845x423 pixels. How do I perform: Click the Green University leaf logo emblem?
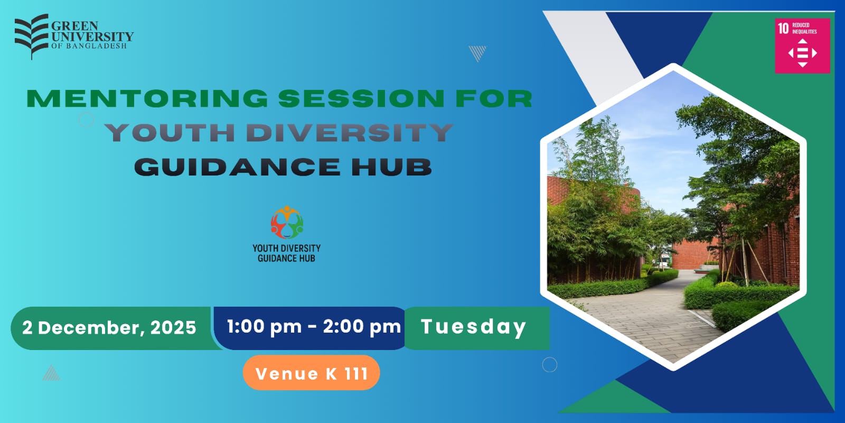pos(32,36)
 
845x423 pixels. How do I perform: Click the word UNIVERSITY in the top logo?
pos(92,37)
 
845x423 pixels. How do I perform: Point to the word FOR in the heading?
pos(494,98)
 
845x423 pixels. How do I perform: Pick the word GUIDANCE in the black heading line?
pos(237,167)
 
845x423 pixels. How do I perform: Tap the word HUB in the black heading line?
pos(392,167)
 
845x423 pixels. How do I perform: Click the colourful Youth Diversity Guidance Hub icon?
pos(287,222)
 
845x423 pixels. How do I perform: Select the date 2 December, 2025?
pos(109,327)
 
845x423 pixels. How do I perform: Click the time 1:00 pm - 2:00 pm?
pos(314,326)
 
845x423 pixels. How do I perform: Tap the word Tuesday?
pos(473,327)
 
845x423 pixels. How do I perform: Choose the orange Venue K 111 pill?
pos(311,373)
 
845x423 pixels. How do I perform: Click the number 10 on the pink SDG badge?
pos(784,29)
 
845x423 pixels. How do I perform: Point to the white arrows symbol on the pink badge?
pos(802,53)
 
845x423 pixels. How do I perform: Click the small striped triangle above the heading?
pos(477,53)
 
